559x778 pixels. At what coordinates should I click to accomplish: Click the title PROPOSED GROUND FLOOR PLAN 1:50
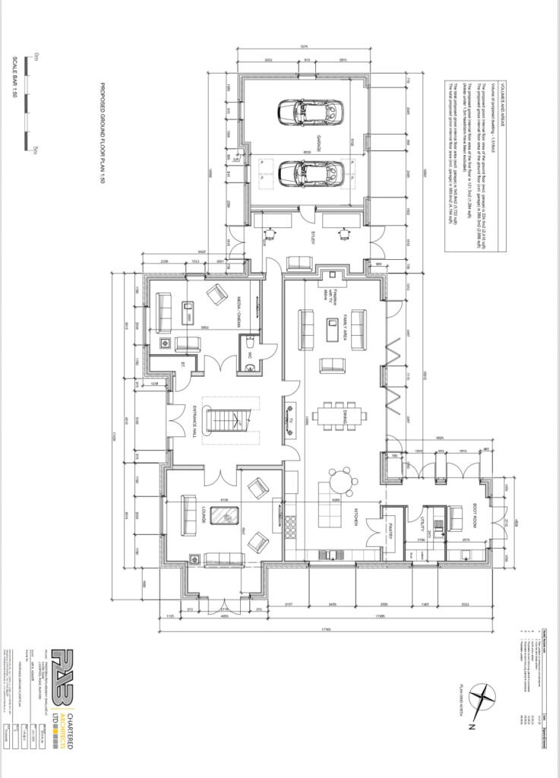pyautogui.click(x=103, y=134)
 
